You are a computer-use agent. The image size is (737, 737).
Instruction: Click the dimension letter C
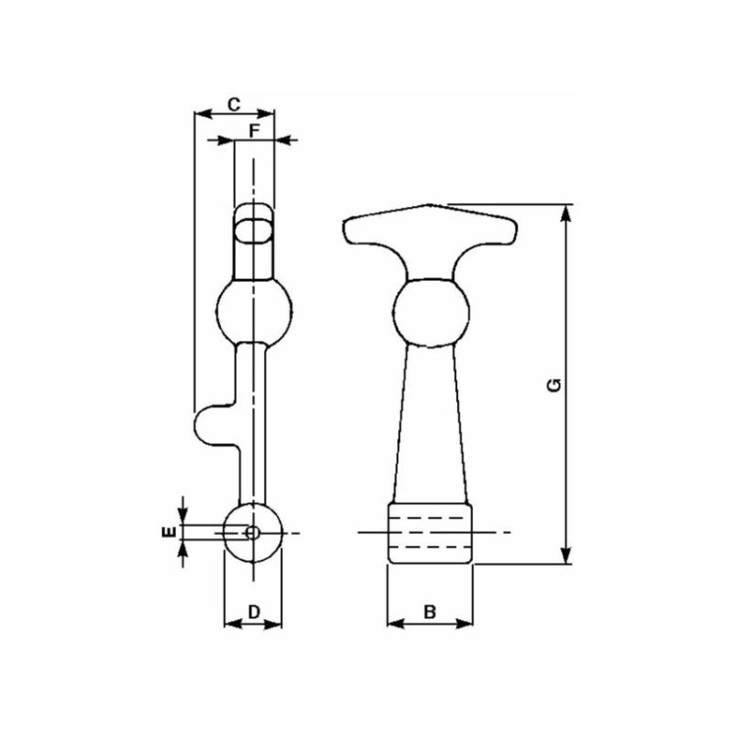234,104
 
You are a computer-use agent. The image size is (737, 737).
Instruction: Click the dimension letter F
254,131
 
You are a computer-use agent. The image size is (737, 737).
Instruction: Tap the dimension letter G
554,385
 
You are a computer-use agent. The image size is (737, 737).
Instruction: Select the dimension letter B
429,612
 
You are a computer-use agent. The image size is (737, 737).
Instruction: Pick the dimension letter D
254,612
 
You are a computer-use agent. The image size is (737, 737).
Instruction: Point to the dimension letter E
170,532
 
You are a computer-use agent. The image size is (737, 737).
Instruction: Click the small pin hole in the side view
253,533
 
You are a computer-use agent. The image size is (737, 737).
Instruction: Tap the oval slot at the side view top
254,231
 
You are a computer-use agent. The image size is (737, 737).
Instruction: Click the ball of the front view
430,313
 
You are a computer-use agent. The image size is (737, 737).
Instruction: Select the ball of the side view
255,312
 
